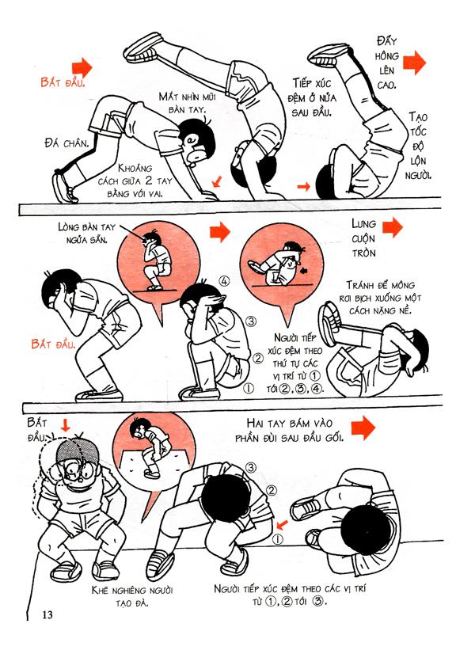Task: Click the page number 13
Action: coord(47,614)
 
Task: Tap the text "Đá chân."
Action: coord(66,143)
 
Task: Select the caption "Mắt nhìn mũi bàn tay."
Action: coord(188,103)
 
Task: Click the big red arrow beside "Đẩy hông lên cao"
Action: coord(415,63)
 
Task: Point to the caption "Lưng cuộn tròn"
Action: coord(363,238)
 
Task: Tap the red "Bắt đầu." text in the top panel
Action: coord(63,82)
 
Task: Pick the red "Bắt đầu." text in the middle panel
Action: coord(53,344)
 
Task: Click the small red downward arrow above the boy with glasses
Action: coord(65,425)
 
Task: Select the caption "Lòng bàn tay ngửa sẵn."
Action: coord(87,233)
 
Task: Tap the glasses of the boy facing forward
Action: coord(79,472)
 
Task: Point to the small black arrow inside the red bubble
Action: coord(304,271)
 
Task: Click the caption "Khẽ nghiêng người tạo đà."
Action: coord(133,596)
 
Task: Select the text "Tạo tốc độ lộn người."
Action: coord(417,146)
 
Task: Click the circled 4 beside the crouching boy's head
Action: coord(224,281)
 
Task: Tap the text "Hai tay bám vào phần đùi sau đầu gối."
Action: coord(290,431)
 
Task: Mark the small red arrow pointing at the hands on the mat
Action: coord(216,182)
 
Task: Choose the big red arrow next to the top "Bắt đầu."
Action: coord(82,67)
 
